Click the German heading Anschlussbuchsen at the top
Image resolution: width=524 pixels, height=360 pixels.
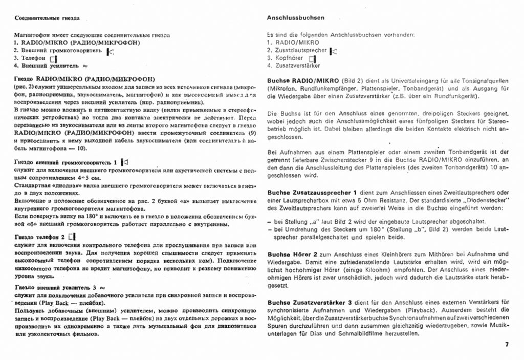coord(295,17)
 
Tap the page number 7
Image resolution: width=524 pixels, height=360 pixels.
coord(507,344)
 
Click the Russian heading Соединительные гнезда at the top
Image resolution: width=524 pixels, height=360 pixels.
coord(47,18)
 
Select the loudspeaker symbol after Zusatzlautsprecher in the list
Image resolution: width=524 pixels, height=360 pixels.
coord(334,51)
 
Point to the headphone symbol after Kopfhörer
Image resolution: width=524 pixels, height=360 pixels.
coord(313,58)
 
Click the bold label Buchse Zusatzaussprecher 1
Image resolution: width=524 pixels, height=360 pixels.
coord(312,192)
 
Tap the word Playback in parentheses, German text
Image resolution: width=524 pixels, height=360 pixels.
coord(419,310)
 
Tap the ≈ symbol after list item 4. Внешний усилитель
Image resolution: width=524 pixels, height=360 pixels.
coord(85,66)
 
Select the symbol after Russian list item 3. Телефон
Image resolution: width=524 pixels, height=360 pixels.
coord(53,59)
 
